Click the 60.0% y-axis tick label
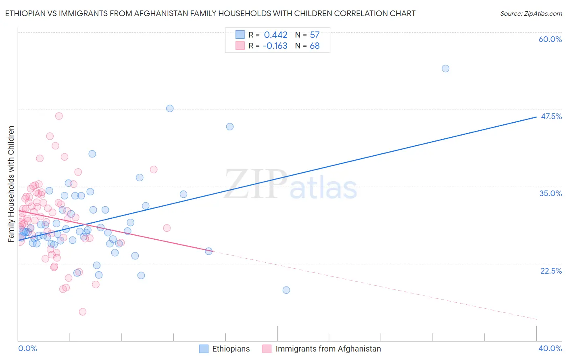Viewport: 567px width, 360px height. click(x=550, y=39)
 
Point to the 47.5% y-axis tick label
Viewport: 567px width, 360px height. click(x=551, y=116)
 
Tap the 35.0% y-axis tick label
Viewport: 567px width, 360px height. click(x=550, y=193)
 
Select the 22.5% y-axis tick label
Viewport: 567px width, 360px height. click(x=551, y=271)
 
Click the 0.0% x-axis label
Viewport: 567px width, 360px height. click(x=27, y=348)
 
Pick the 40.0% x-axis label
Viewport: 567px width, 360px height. click(x=550, y=348)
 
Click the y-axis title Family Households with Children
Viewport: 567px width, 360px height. click(x=11, y=184)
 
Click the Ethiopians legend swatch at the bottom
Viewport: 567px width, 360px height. click(x=204, y=349)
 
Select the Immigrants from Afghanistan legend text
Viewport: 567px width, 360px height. click(x=328, y=349)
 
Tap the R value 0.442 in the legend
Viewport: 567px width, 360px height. click(x=275, y=35)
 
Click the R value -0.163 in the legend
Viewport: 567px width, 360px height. click(x=275, y=46)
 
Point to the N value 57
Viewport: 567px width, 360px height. click(x=315, y=35)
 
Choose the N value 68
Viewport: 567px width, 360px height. click(x=315, y=46)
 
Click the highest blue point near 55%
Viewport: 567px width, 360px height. click(x=445, y=69)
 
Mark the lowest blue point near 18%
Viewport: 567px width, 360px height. click(x=286, y=290)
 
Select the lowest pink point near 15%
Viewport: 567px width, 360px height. click(x=83, y=312)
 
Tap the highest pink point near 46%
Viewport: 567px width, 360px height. click(x=59, y=116)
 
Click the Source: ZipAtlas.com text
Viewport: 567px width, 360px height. click(x=531, y=14)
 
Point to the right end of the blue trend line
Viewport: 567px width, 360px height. click(x=536, y=117)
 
